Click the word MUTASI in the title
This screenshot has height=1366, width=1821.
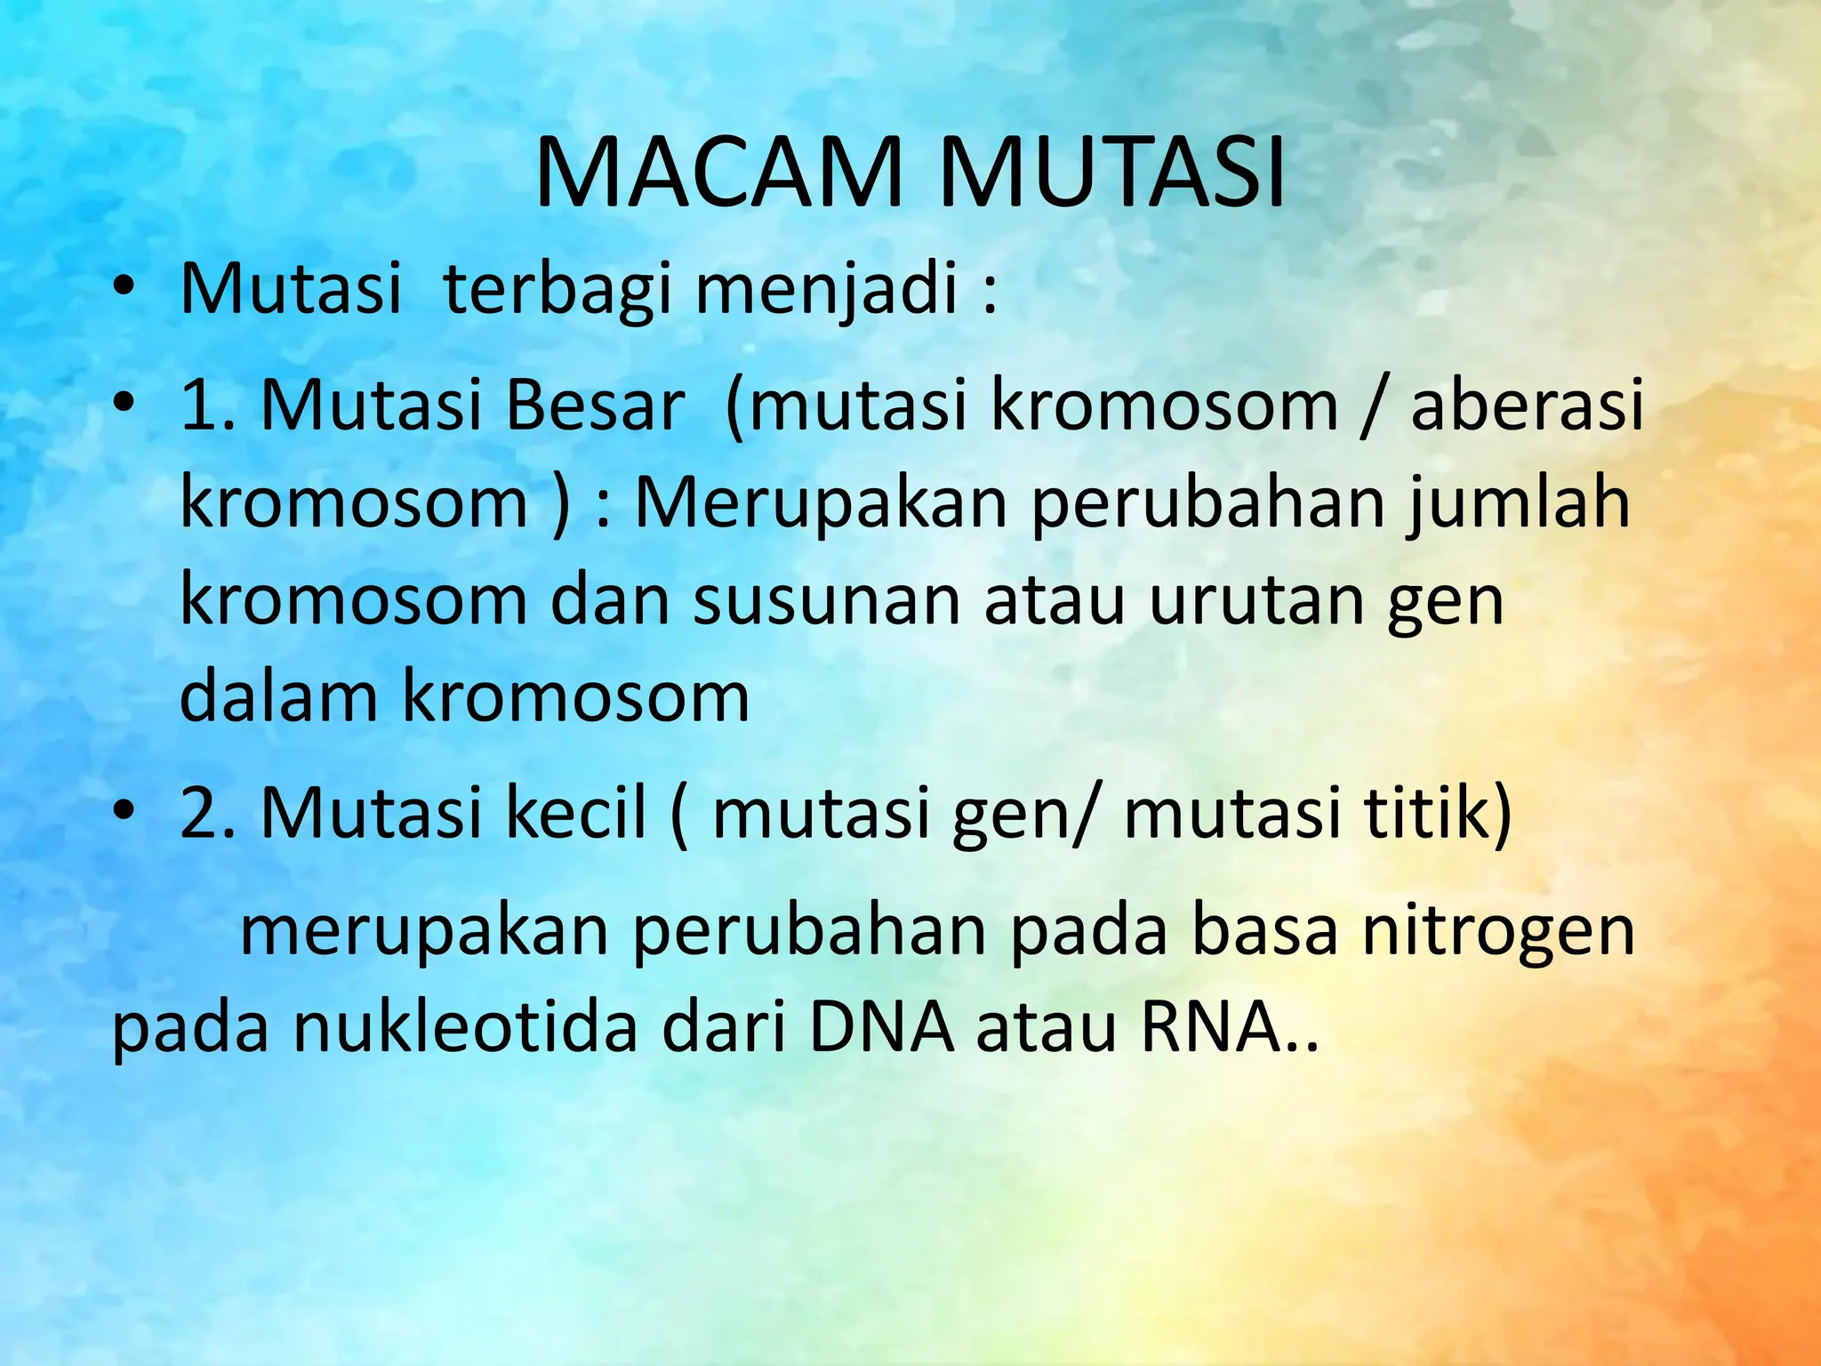coord(1111,173)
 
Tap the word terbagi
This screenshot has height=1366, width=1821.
coord(557,290)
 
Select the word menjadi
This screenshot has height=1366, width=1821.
coord(826,290)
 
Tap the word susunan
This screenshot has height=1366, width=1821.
coord(827,601)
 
